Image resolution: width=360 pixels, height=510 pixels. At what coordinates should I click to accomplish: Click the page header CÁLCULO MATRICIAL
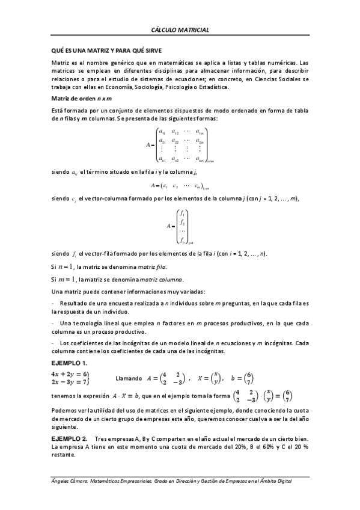tap(180, 29)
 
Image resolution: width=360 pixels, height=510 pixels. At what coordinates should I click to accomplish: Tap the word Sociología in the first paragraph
tap(161, 87)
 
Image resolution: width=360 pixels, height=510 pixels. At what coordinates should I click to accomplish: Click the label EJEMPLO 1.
tap(69, 363)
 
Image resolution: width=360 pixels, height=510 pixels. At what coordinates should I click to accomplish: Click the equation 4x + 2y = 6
tap(70, 373)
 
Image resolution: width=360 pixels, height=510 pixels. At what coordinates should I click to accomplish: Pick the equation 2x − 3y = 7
tap(70, 381)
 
